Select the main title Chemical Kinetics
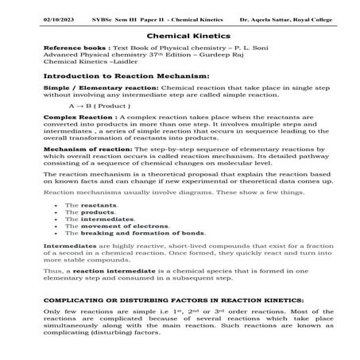point(180,37)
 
